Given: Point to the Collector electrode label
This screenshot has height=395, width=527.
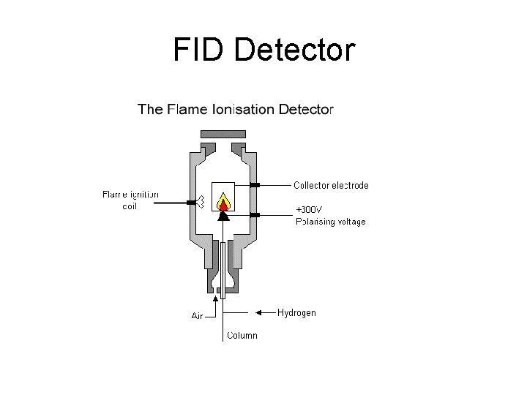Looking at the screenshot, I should click(331, 185).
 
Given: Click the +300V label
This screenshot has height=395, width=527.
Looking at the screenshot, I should click(309, 211).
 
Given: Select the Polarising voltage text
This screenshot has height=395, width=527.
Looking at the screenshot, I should click(330, 221).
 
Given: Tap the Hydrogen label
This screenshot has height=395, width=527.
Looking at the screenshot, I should click(296, 312).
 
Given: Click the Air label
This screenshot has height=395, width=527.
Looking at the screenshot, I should click(197, 316).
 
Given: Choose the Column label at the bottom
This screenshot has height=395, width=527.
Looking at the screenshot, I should click(242, 336).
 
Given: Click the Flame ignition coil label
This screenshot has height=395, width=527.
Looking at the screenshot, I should click(130, 200).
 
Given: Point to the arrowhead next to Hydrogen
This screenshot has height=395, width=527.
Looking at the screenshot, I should click(259, 312).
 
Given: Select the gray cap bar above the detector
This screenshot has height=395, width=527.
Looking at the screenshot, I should click(223, 135).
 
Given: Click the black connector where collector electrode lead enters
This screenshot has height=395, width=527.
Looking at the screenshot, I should click(254, 185).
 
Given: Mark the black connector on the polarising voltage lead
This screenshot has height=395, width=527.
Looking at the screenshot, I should click(254, 214).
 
